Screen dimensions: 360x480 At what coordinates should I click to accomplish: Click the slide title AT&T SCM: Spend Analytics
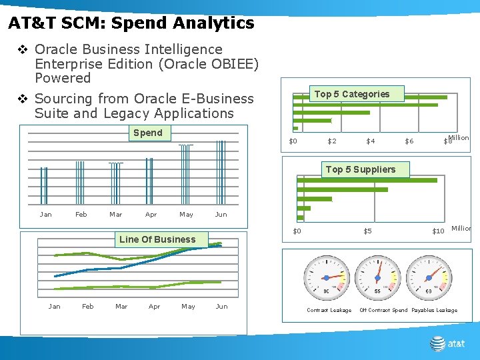click(x=131, y=23)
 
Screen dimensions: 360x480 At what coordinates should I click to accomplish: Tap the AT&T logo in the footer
click(x=447, y=343)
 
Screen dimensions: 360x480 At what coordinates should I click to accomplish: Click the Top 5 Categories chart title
click(x=351, y=94)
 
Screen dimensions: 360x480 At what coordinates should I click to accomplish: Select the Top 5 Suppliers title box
click(x=360, y=169)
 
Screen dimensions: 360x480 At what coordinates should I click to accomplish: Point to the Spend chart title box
click(x=147, y=133)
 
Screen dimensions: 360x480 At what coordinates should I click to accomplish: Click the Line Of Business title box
click(x=157, y=239)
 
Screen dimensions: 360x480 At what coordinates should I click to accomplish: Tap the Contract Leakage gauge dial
click(x=326, y=277)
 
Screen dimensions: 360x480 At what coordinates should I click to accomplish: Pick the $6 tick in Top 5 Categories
click(x=409, y=141)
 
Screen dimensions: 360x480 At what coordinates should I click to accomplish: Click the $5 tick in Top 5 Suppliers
click(x=367, y=231)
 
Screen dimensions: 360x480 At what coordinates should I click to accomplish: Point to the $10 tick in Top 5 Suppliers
click(x=438, y=231)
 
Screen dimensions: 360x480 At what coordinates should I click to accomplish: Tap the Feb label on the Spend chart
click(x=81, y=214)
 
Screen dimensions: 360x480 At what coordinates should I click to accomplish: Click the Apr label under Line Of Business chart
click(x=154, y=307)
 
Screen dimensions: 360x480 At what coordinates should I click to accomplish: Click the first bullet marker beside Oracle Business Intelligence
click(x=23, y=50)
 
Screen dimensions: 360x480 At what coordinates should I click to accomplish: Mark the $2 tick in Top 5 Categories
click(x=332, y=141)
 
